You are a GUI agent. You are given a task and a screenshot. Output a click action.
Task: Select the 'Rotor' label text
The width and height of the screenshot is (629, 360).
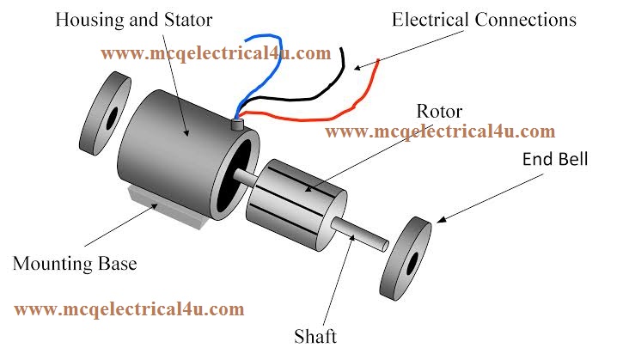438,112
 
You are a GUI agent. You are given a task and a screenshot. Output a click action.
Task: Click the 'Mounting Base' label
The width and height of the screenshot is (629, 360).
75,263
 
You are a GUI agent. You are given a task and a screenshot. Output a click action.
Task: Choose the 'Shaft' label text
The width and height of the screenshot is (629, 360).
314,336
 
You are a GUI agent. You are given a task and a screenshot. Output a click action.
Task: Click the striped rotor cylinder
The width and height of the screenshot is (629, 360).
294,196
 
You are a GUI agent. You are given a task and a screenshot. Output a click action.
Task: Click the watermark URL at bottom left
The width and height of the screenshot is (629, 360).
129,308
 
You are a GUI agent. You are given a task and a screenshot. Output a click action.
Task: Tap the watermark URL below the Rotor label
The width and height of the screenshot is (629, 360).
440,131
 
